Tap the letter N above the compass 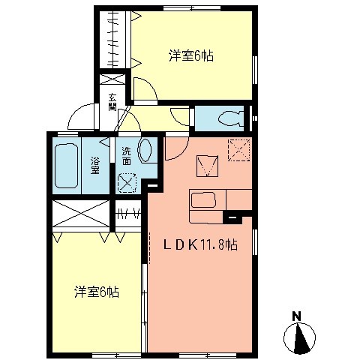tap(296, 315)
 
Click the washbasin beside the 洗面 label tap(145, 151)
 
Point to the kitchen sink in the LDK tap(204, 201)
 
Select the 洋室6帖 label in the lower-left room tap(97, 291)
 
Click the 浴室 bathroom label tap(96, 165)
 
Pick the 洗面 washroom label tap(127, 155)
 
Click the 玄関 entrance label tap(112, 102)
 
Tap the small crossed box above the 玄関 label tap(112, 78)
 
